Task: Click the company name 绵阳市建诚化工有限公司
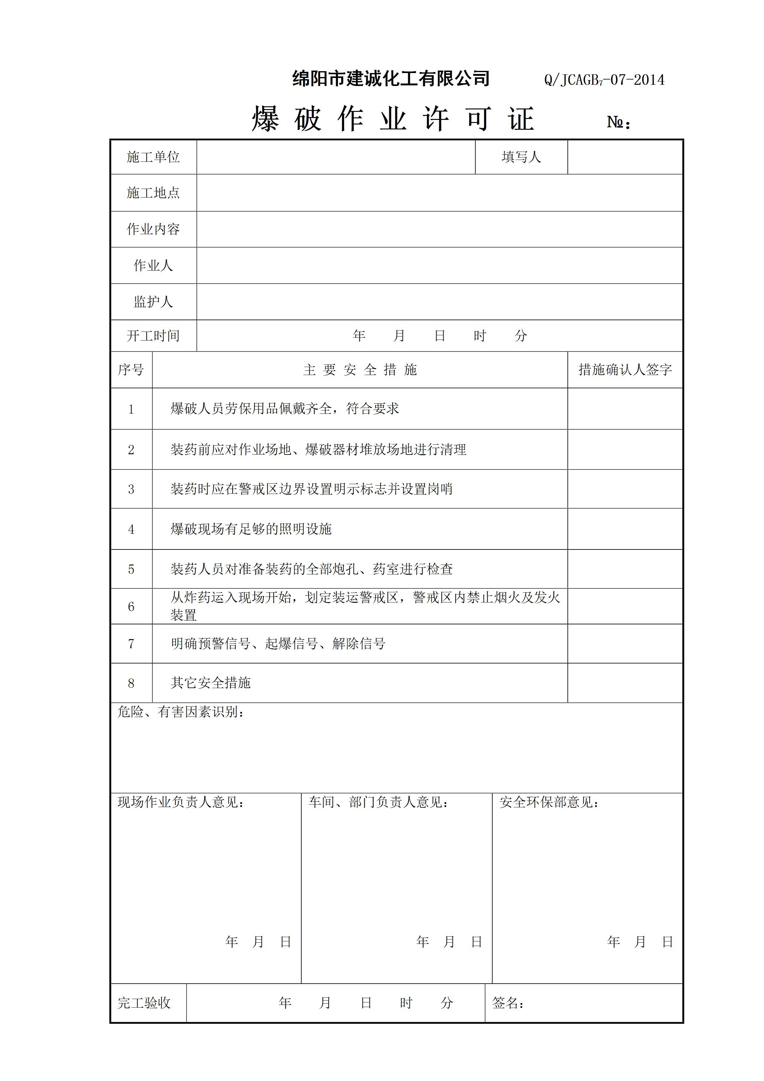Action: tap(391, 79)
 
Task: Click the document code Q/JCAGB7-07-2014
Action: tap(604, 80)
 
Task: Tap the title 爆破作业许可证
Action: tap(393, 119)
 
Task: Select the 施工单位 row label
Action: tap(153, 157)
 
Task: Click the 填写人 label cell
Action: tap(521, 157)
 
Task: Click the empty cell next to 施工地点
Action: tap(439, 193)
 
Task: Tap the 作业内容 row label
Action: tap(153, 229)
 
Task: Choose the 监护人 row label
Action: tap(153, 301)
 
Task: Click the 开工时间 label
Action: tap(153, 336)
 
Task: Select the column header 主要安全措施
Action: tap(360, 370)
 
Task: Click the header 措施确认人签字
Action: tap(625, 370)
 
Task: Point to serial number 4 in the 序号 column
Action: tap(131, 529)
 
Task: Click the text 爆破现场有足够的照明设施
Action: tap(251, 529)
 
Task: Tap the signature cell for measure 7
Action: tap(625, 644)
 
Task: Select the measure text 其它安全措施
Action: tap(210, 683)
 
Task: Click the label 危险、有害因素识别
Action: tap(181, 712)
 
